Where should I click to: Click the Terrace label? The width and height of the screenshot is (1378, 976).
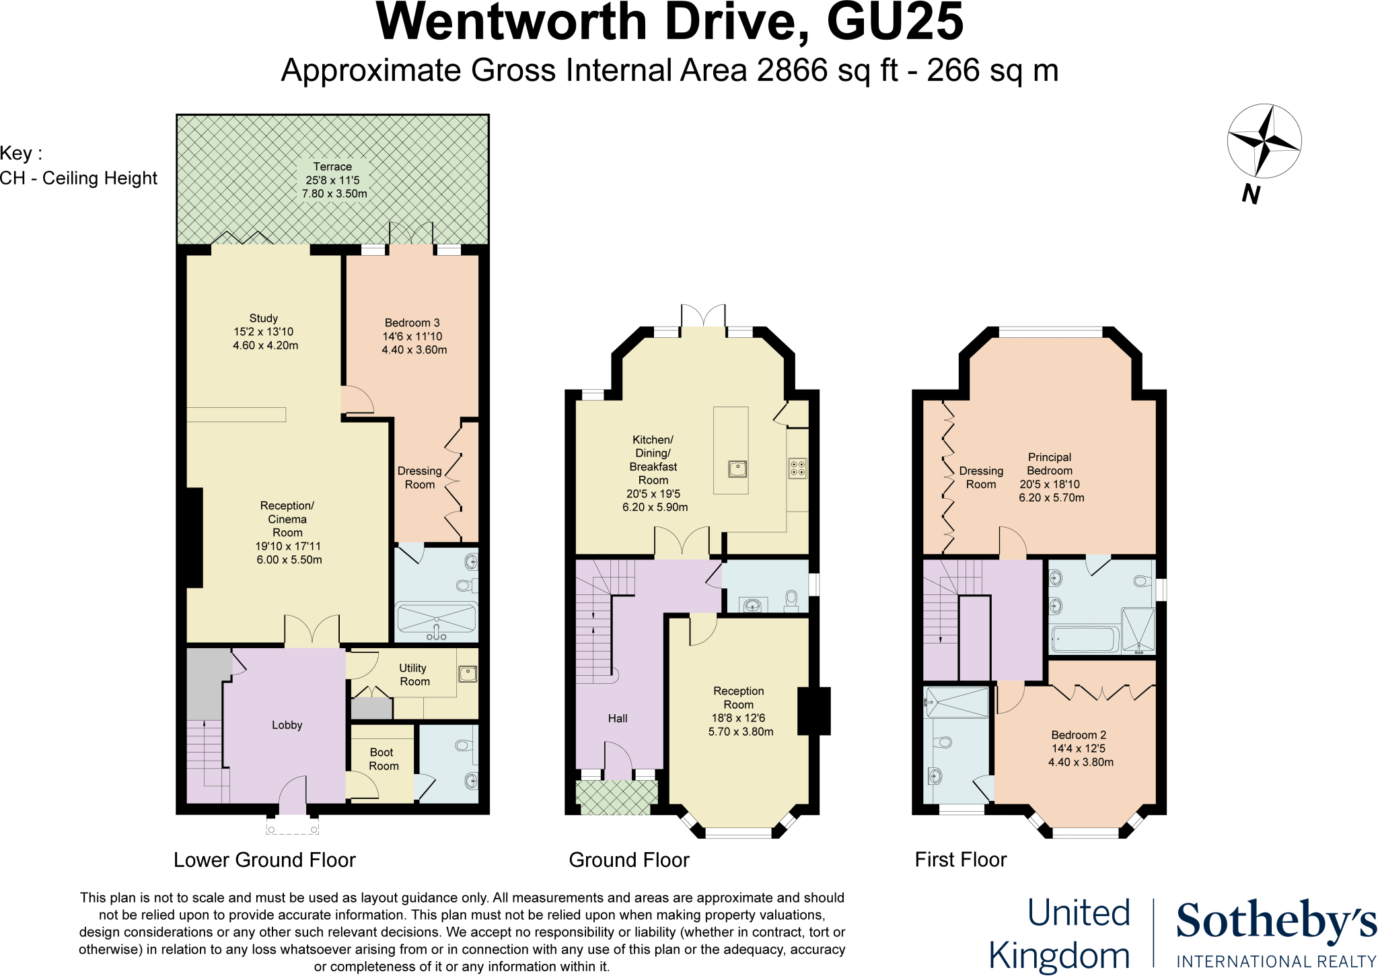(x=332, y=167)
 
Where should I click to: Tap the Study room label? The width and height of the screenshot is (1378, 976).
(x=263, y=318)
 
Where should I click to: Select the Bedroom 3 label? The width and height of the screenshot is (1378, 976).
(x=412, y=323)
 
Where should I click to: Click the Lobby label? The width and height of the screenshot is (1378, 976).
(x=287, y=725)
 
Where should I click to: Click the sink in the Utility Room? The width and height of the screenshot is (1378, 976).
(x=468, y=673)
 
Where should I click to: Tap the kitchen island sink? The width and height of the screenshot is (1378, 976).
(x=737, y=468)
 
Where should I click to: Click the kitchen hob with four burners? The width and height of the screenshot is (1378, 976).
(x=797, y=468)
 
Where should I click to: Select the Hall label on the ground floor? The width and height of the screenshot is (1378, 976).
(x=617, y=719)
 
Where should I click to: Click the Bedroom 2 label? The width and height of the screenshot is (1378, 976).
(x=1079, y=735)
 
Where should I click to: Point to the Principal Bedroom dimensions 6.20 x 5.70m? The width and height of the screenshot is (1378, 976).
(x=1051, y=498)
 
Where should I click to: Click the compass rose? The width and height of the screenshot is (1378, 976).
(x=1264, y=141)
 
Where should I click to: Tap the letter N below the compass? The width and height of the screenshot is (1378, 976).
(x=1251, y=194)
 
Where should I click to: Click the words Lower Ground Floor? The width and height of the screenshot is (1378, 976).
(x=264, y=860)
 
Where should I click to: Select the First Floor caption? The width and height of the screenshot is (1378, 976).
(x=960, y=860)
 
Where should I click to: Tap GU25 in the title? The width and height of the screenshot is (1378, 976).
(x=894, y=23)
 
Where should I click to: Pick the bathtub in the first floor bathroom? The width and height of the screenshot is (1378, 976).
(x=1085, y=639)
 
